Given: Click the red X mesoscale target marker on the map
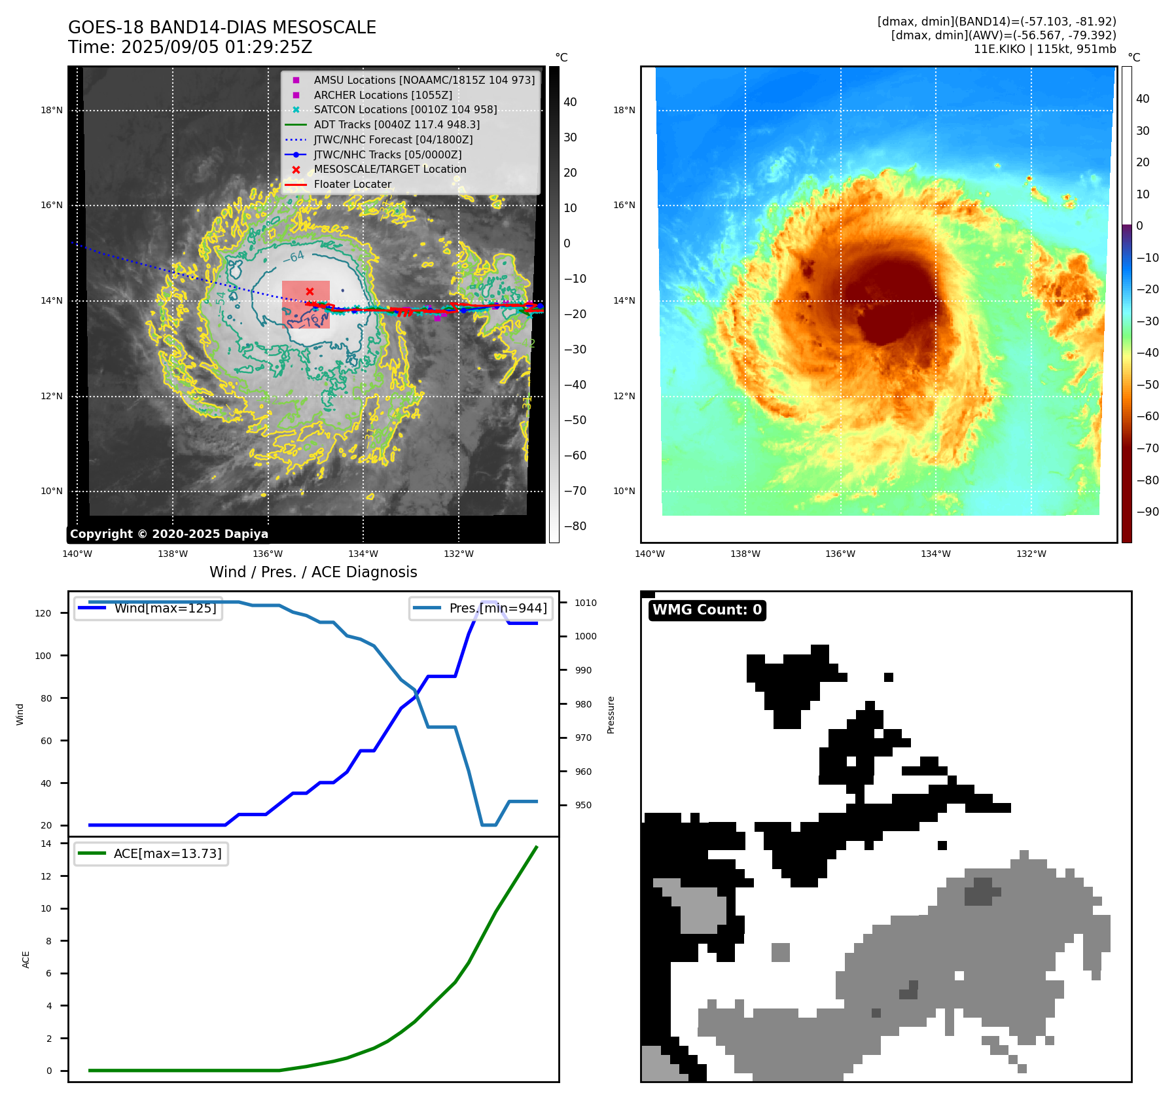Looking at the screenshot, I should point(310,291).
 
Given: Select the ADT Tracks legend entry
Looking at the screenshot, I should point(397,124).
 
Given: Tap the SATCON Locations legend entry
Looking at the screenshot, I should point(405,109).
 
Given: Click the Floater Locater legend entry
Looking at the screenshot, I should point(352,184).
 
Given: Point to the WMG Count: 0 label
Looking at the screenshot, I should point(707,610).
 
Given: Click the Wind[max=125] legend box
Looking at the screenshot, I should point(148,608).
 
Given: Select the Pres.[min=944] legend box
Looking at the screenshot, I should point(482,608).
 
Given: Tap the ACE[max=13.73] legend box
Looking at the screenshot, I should point(151,853).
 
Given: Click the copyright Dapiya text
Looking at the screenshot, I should point(169,534).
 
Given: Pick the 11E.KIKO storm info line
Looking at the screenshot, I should point(1044,49).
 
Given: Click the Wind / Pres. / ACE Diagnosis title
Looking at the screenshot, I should point(313,572).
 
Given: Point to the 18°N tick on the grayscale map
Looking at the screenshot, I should point(52,110).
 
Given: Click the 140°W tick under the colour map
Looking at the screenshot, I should point(649,554).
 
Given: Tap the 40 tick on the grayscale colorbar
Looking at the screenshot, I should point(570,102).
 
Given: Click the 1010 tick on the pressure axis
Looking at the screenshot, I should point(586,603).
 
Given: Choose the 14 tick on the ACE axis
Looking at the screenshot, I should point(46,844).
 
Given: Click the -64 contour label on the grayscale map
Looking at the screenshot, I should point(294,257).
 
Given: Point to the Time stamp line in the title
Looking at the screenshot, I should point(190,48).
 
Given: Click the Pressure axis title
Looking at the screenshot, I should point(611,715).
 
